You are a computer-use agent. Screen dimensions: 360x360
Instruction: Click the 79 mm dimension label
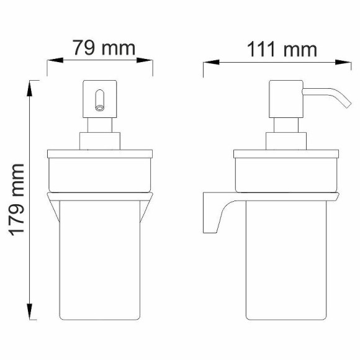click(x=104, y=48)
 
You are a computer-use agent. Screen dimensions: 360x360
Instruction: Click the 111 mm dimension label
click(x=282, y=49)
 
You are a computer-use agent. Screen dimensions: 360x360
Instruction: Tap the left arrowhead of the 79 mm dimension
click(x=55, y=60)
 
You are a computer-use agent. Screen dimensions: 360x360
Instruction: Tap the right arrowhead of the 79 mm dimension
click(x=145, y=60)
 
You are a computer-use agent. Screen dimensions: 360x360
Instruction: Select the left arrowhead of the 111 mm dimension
click(x=211, y=62)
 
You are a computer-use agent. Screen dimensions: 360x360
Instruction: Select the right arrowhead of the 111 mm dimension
click(x=343, y=62)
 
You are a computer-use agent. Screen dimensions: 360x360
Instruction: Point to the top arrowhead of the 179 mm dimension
click(x=30, y=88)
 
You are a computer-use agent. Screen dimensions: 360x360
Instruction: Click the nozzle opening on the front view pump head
click(x=100, y=107)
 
